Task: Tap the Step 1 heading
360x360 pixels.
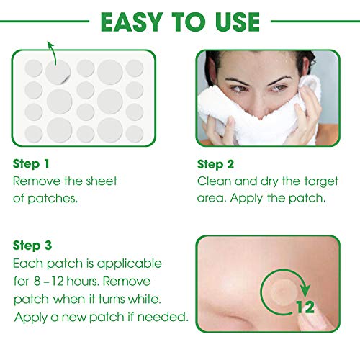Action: click(x=33, y=164)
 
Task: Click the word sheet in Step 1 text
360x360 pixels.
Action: click(x=102, y=181)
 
